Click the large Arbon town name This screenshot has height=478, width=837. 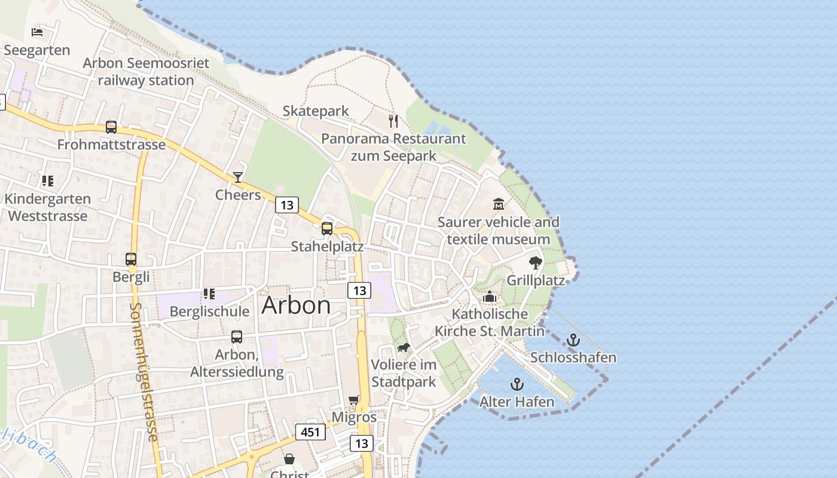(x=296, y=305)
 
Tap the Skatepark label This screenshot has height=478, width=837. (x=316, y=111)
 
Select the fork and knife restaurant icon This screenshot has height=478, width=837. (x=393, y=121)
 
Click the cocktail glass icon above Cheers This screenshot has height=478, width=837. (x=238, y=177)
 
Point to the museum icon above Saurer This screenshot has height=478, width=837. (x=499, y=204)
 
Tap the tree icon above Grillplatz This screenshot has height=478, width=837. (x=536, y=262)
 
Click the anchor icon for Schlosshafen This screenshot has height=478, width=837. (x=573, y=340)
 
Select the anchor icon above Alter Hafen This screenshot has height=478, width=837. (x=517, y=384)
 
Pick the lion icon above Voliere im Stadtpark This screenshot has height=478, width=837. (x=404, y=347)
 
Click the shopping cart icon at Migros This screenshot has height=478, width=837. (x=354, y=399)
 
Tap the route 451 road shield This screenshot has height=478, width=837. (x=310, y=431)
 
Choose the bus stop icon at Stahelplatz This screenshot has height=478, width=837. (x=327, y=228)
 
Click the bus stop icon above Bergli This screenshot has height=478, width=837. (x=131, y=259)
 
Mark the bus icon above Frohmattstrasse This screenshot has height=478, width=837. (x=111, y=127)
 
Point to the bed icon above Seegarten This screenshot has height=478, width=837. (x=37, y=32)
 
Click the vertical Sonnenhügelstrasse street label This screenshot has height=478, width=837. (x=143, y=372)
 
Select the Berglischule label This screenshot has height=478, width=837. (x=209, y=311)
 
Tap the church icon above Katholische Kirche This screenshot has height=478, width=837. (x=490, y=296)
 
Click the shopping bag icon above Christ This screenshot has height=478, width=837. (x=289, y=459)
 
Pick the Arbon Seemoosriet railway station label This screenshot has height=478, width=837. (x=146, y=72)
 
